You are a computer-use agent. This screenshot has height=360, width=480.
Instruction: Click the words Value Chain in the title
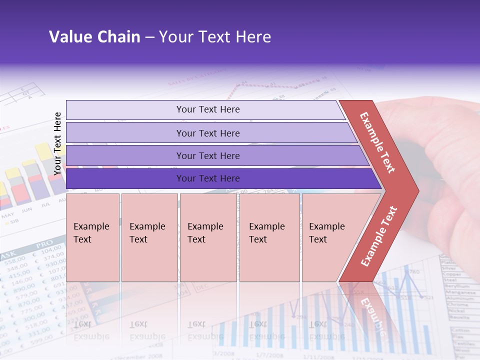pyautogui.click(x=94, y=37)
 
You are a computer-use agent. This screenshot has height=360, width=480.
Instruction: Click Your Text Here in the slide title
pyautogui.click(x=215, y=37)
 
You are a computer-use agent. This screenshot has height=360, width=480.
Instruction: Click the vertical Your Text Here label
pyautogui.click(x=57, y=143)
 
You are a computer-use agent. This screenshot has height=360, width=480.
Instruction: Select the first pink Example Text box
pyautogui.click(x=93, y=237)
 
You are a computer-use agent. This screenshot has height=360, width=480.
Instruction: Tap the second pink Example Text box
pyautogui.click(x=149, y=237)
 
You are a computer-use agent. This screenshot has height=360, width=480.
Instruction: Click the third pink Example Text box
pyautogui.click(x=208, y=237)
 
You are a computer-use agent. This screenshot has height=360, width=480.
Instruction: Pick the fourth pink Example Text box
pyautogui.click(x=269, y=237)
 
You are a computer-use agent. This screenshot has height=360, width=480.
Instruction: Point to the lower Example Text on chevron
pyautogui.click(x=378, y=236)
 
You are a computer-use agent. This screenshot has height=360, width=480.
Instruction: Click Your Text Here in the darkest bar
pyautogui.click(x=208, y=178)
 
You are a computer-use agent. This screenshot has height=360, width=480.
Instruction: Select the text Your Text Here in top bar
pyautogui.click(x=208, y=109)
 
